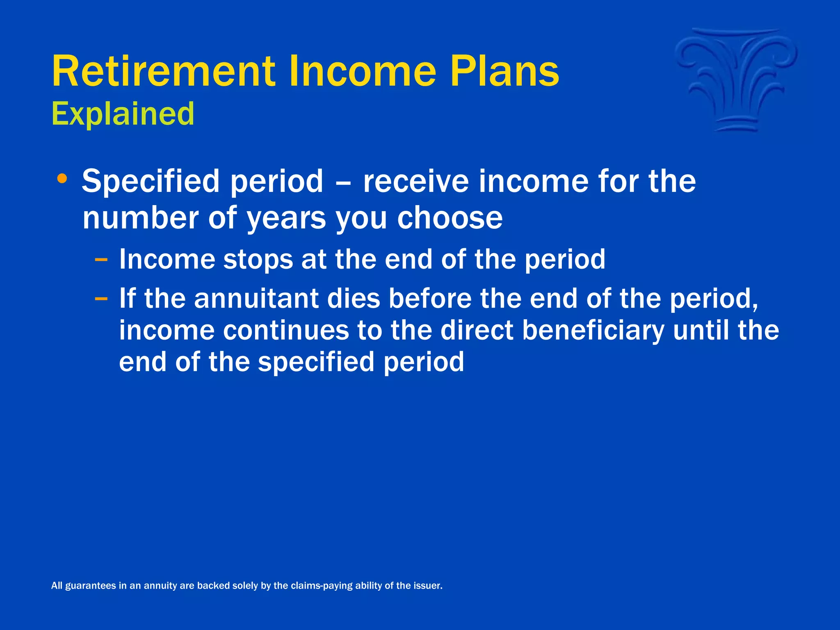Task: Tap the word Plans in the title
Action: click(x=504, y=72)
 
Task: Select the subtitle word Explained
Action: click(x=123, y=114)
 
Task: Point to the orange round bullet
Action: click(x=62, y=178)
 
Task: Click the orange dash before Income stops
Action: click(x=101, y=260)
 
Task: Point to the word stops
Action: click(x=258, y=260)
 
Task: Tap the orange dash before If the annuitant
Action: click(x=101, y=298)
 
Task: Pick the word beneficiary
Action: click(x=593, y=331)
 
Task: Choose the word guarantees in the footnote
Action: click(x=91, y=586)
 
